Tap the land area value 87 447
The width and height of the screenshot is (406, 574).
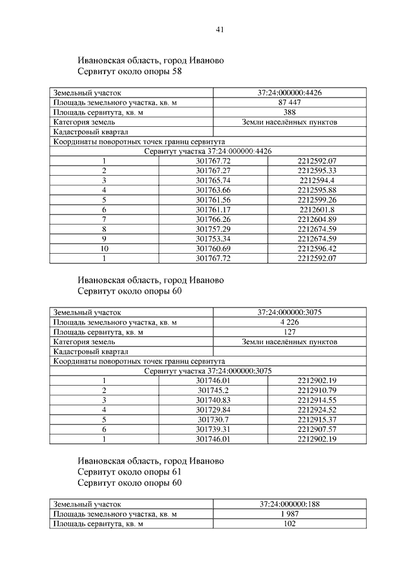(x=289, y=103)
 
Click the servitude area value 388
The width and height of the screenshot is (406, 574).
(x=289, y=112)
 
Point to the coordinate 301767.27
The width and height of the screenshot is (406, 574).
(x=213, y=171)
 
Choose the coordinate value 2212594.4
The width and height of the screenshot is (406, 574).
(x=317, y=180)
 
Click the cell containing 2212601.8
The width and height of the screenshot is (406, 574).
(x=317, y=209)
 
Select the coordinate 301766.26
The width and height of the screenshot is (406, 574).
(x=213, y=219)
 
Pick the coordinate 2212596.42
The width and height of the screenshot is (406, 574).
(x=317, y=248)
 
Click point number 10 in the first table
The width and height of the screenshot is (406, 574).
(x=103, y=248)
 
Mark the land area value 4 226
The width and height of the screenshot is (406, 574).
(x=289, y=322)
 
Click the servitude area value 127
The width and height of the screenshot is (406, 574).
(x=289, y=332)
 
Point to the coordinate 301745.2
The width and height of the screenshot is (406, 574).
(x=213, y=390)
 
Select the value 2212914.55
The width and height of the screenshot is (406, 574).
(x=317, y=400)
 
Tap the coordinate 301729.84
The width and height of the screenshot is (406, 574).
(x=213, y=410)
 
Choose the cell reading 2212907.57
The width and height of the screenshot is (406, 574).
(x=317, y=429)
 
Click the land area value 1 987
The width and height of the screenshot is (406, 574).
(x=289, y=513)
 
